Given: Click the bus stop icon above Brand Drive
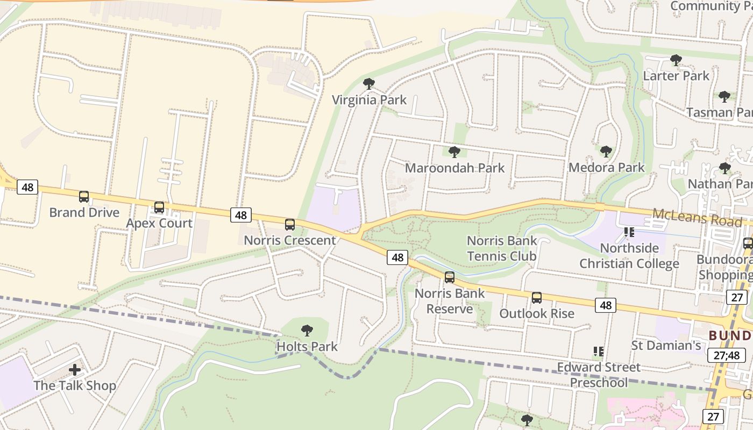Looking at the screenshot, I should (x=84, y=197).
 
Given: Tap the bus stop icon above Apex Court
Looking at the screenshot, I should (x=159, y=207).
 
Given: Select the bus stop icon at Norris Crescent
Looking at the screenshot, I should (x=290, y=225).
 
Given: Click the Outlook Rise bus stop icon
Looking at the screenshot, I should (x=537, y=298).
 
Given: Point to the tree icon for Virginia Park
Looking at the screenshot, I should (x=369, y=84).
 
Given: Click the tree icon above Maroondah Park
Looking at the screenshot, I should (x=454, y=152).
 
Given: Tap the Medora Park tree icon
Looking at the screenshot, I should (x=606, y=152).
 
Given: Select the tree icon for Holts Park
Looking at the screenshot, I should (x=307, y=330).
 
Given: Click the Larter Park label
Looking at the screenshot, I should (x=676, y=76).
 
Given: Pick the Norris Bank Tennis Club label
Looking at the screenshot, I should (x=501, y=248).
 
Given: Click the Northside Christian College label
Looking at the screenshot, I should (x=629, y=256).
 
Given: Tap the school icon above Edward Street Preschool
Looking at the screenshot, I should (x=598, y=352).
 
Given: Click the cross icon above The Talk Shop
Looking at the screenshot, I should (x=75, y=370).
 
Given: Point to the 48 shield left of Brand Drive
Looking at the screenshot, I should (x=27, y=187).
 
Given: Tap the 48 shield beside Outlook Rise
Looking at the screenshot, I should (x=606, y=305).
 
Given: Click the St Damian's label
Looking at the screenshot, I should (x=665, y=345).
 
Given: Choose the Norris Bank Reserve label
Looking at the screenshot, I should (x=450, y=301).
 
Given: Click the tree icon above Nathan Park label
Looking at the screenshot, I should (x=725, y=168).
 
